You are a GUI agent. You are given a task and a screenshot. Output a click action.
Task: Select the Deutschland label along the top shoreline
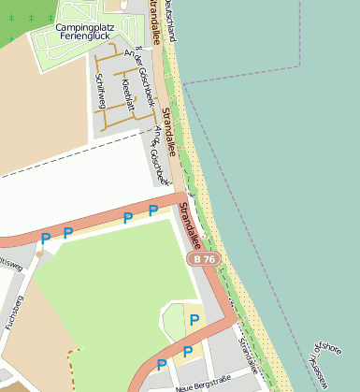pyautogui.click(x=169, y=21)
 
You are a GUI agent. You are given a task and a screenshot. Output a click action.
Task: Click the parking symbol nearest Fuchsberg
pyautogui.click(x=45, y=240)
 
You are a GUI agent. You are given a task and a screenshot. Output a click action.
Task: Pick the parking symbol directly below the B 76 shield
pyautogui.click(x=194, y=321)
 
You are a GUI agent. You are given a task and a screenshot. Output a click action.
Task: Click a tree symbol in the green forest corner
pyautogui.click(x=34, y=18)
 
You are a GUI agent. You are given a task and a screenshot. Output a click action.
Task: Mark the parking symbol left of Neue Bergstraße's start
pyautogui.click(x=162, y=364)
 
